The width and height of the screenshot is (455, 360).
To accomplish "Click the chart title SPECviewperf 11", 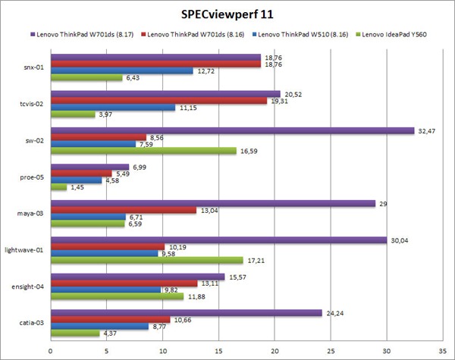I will point(227,14).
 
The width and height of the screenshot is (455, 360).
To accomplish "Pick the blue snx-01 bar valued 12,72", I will point(121,70).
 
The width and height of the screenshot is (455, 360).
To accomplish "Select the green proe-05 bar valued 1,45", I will point(58,186).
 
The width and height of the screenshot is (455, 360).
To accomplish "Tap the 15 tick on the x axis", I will point(218,349).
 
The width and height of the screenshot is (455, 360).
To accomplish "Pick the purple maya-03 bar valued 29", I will point(212,202).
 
